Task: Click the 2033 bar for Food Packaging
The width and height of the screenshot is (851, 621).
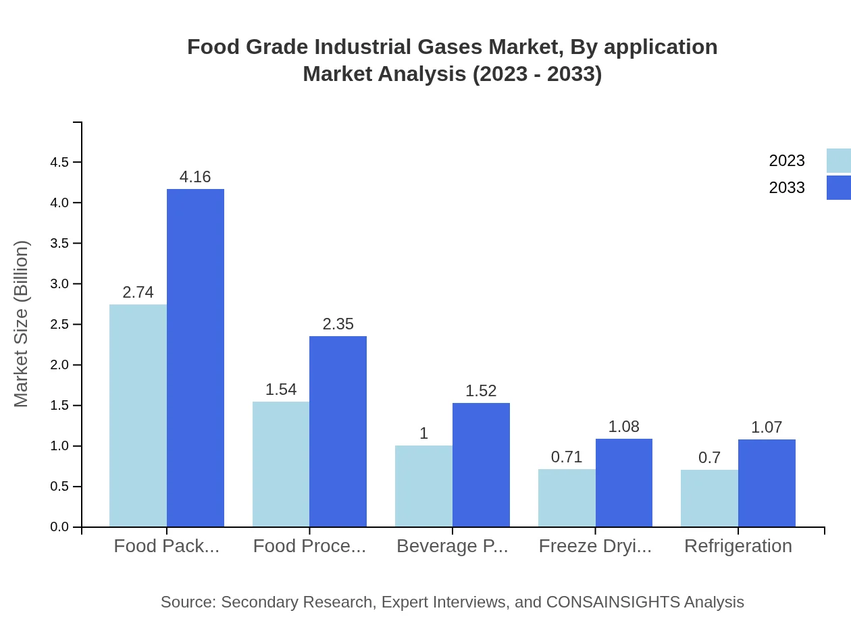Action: click(195, 358)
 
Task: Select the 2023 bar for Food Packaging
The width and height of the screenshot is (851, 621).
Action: click(138, 415)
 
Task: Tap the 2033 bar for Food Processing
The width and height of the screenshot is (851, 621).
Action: click(338, 431)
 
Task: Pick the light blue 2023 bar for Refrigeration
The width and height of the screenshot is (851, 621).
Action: click(709, 498)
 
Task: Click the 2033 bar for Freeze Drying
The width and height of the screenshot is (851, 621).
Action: click(624, 483)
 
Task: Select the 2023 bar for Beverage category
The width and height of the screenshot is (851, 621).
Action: click(423, 486)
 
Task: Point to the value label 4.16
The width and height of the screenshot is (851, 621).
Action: click(195, 177)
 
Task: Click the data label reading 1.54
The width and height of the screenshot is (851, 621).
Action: click(281, 389)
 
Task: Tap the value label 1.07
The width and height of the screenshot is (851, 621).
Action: click(767, 427)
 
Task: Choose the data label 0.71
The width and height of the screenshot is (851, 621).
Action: click(567, 457)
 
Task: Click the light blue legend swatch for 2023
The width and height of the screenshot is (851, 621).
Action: click(838, 161)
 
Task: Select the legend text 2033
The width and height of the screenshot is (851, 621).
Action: click(787, 188)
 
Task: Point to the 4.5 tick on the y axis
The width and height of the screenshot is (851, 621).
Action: click(59, 163)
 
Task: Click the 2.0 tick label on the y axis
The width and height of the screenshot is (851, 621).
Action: click(59, 365)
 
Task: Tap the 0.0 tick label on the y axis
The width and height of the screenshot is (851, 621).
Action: click(59, 527)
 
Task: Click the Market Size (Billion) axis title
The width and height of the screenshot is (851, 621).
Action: click(22, 324)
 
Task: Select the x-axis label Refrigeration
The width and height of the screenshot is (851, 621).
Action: click(738, 546)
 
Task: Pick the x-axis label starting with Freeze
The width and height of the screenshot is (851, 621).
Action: click(595, 546)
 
